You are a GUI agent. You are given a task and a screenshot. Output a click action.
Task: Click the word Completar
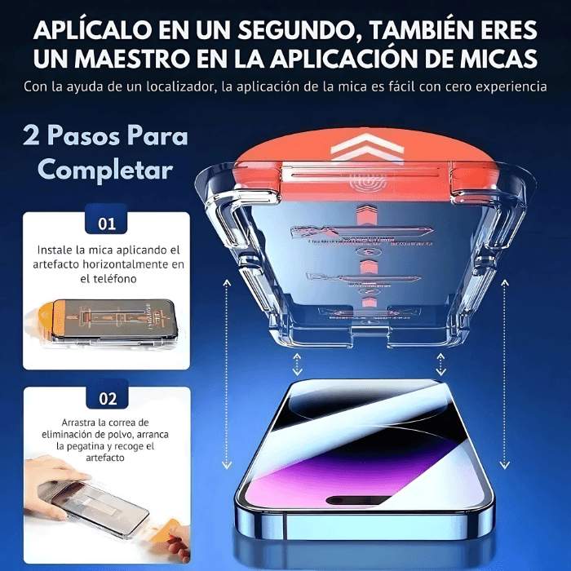coord(105,170)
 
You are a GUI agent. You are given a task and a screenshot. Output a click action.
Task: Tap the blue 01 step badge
coord(107,223)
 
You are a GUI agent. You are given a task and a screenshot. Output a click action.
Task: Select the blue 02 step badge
coord(107,399)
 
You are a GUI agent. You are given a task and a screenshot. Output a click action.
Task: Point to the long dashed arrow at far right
coord(504,375)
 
